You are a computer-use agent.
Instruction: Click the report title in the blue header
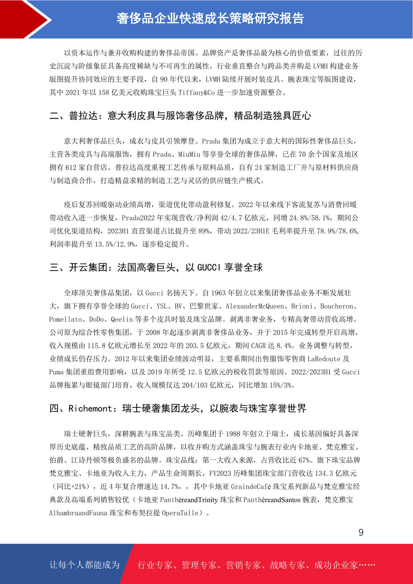click(210, 19)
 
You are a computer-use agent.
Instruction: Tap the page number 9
click(361, 532)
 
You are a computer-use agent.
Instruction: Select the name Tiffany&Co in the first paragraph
click(197, 93)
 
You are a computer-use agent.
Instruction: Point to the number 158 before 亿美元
click(104, 93)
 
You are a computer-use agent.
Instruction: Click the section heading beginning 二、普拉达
click(180, 115)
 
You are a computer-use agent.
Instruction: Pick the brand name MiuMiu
click(189, 154)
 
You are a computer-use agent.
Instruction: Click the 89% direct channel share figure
click(203, 231)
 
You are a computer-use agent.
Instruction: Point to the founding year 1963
click(218, 293)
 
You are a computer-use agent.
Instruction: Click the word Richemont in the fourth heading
click(90, 409)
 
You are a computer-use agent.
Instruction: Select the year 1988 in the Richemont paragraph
click(233, 434)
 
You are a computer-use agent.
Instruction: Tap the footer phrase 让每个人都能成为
click(85, 565)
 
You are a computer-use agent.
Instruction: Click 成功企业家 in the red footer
click(336, 565)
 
